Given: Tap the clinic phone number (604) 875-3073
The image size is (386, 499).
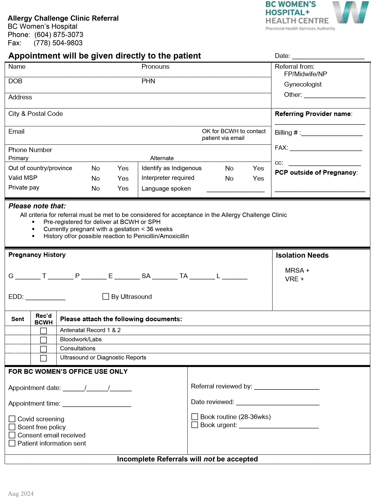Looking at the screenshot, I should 59,35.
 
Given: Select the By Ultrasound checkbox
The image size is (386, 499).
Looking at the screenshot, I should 106,296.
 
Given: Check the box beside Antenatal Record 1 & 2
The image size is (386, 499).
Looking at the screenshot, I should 43,331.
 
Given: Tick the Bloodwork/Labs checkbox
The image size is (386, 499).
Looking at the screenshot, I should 43,340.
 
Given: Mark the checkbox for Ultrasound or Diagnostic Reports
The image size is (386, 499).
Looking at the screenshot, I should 43,358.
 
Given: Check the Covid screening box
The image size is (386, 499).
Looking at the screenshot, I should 12,419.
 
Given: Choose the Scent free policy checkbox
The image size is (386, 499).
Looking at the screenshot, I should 12,427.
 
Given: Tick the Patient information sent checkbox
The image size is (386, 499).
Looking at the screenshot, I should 12,443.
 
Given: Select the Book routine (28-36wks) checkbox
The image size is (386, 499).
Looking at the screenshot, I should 195,416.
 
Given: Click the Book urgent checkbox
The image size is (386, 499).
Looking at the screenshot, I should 195,425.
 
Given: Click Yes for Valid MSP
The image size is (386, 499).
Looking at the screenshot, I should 123,178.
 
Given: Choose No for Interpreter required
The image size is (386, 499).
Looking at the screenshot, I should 229,178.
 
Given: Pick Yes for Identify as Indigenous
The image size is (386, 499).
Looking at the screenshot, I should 258,168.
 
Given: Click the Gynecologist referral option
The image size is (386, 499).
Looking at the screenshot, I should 303,84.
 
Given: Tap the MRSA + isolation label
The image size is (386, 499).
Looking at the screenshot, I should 297,270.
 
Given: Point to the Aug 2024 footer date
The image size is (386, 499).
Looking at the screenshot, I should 21,494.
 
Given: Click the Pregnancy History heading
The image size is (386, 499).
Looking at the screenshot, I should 37,255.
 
